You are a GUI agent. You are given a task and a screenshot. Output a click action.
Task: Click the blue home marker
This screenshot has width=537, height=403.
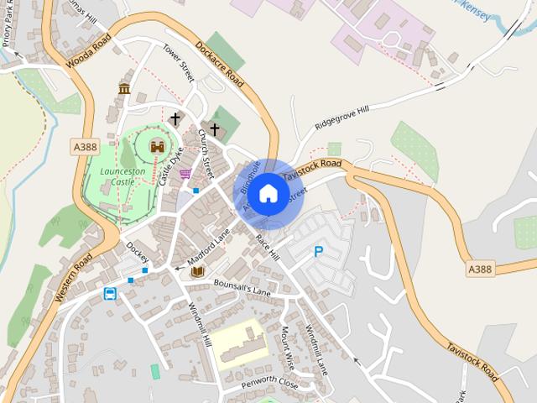tap(268, 194)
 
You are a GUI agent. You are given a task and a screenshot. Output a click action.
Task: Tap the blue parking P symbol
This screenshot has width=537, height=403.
tap(318, 251)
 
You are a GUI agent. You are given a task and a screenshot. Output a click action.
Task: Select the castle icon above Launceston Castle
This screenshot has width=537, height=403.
tap(157, 146)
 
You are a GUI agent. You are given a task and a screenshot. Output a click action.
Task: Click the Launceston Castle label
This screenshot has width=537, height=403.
tap(123, 175)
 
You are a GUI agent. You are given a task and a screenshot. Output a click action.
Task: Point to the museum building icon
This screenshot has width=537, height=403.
tap(124, 89)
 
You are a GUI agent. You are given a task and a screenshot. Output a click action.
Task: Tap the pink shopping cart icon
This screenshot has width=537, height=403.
tap(185, 174)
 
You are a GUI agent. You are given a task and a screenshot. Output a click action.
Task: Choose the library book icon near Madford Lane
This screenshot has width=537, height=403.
tap(197, 272)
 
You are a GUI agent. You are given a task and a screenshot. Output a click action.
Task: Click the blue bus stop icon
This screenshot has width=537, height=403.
tap(110, 293)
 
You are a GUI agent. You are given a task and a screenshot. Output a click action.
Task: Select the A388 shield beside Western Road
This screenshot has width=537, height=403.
tap(85, 147)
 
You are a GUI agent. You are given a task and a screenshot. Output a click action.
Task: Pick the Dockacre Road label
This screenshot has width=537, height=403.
tap(220, 64)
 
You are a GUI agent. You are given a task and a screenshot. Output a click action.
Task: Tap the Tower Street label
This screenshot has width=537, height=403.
tap(179, 62)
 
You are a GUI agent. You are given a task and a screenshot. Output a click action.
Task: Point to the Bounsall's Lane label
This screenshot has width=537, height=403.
tap(242, 288)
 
